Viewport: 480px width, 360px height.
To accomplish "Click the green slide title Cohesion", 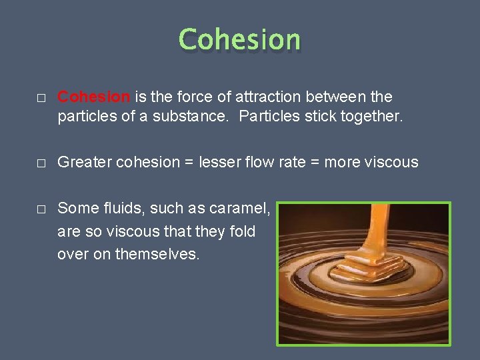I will pyautogui.click(x=240, y=39).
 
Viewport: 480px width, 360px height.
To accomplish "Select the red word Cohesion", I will pyautogui.click(x=94, y=97).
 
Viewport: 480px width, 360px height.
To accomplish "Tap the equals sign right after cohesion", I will pyautogui.click(x=189, y=163).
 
